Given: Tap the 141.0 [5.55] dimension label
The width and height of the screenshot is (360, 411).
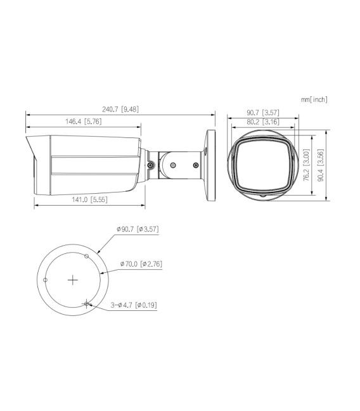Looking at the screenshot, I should click(89, 200).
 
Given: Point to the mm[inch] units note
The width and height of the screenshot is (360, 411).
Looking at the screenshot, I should click(315, 99).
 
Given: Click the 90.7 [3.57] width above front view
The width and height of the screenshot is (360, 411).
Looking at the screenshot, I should click(263, 113).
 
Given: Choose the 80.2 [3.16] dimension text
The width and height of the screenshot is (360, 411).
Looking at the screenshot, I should click(263, 122).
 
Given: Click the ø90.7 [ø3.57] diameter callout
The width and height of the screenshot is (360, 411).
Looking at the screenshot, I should click(138, 229).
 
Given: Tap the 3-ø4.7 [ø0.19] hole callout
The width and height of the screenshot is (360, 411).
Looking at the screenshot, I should click(134, 305).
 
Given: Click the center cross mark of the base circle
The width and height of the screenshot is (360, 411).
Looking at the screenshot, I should click(72, 279).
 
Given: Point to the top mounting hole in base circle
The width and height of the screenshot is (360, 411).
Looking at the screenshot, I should click(87, 256).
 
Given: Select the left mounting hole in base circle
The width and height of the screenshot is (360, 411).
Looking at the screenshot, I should click(45, 279).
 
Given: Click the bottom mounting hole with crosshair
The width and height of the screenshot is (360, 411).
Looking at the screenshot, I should click(86, 303).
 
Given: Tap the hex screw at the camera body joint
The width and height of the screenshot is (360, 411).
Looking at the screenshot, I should click(151, 165).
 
